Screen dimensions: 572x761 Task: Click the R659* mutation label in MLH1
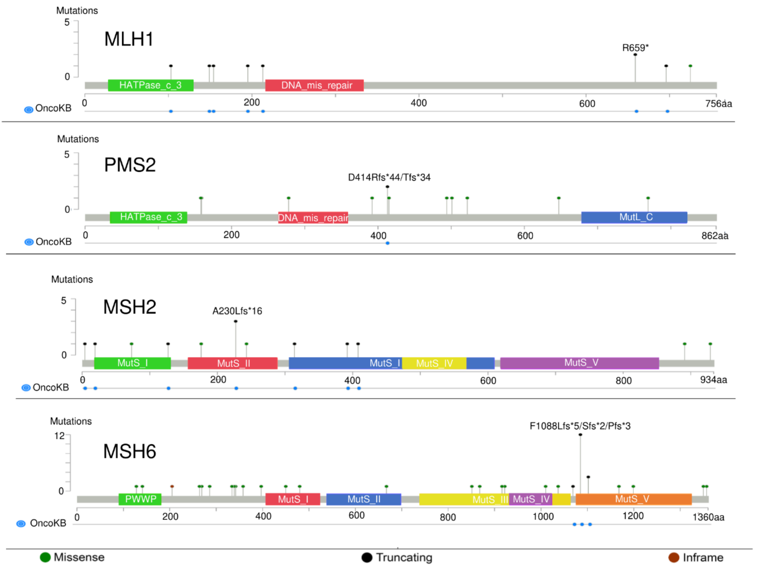pos(635,48)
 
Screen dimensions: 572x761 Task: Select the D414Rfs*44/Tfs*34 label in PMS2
pos(389,177)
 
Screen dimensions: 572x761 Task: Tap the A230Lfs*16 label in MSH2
pos(237,311)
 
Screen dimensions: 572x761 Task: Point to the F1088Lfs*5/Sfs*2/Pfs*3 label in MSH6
pos(580,426)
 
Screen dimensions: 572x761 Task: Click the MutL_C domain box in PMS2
pos(634,217)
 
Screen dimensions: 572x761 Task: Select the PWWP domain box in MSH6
pos(140,499)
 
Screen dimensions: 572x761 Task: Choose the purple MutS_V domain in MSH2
pos(579,363)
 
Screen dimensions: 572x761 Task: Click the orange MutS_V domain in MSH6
pos(633,499)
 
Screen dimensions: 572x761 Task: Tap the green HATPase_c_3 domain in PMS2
pos(149,217)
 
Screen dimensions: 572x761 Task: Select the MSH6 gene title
pos(130,451)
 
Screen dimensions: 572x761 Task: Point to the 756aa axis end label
pos(718,104)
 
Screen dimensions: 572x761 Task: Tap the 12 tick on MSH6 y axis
pos(59,436)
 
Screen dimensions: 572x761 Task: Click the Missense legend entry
pos(72,558)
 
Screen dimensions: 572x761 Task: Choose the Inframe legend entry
pos(696,558)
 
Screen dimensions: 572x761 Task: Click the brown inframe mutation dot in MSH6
pos(172,486)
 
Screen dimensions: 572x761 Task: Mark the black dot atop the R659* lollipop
pos(635,55)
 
